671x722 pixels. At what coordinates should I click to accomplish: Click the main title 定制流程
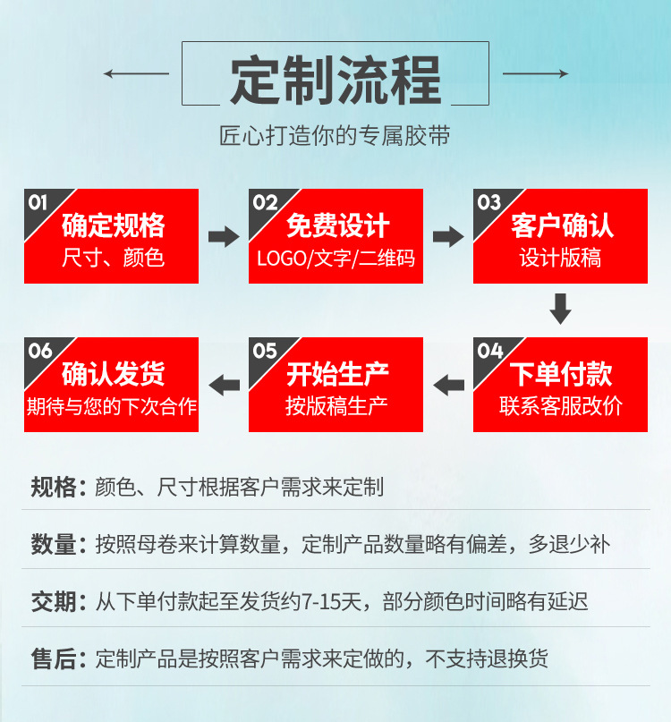335,81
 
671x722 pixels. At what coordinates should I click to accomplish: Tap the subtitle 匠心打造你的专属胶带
335,136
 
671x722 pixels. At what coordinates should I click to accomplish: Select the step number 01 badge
38,202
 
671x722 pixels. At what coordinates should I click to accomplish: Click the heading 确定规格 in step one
114,225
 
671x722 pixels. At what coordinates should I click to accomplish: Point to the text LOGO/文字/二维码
335,259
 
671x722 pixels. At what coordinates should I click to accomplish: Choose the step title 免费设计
338,225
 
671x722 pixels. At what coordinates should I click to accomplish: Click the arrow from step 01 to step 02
224,237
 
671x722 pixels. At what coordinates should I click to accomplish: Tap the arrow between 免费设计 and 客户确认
448,237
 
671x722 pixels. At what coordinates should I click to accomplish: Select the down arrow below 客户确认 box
560,309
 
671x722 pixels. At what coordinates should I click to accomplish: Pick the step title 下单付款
561,374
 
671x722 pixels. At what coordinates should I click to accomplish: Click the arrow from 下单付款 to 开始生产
448,386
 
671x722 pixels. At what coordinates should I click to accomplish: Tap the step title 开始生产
338,374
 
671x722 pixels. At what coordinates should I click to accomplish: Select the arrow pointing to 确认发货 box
224,386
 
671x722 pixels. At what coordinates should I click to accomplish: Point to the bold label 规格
53,487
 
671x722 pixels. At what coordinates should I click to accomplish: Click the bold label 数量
53,543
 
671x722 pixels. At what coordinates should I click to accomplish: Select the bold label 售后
53,659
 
